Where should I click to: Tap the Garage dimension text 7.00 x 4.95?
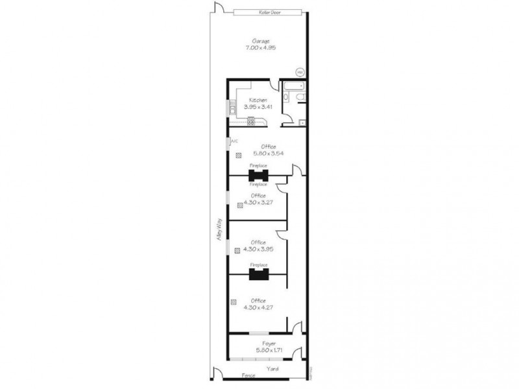pos(259,48)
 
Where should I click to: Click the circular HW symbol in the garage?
pos(299,72)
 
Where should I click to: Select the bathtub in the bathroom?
pos(293,86)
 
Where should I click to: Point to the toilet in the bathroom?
pos(296,98)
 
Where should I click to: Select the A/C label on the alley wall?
pos(234,141)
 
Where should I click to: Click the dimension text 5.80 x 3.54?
pos(267,154)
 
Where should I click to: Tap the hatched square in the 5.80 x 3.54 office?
pos(239,155)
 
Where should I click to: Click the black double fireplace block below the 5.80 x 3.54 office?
pos(259,175)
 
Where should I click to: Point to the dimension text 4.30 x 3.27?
pos(259,202)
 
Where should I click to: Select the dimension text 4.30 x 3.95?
pos(259,249)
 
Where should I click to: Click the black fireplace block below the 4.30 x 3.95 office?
pos(259,274)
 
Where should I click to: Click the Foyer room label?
pos(269,343)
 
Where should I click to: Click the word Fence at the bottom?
pos(248,375)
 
